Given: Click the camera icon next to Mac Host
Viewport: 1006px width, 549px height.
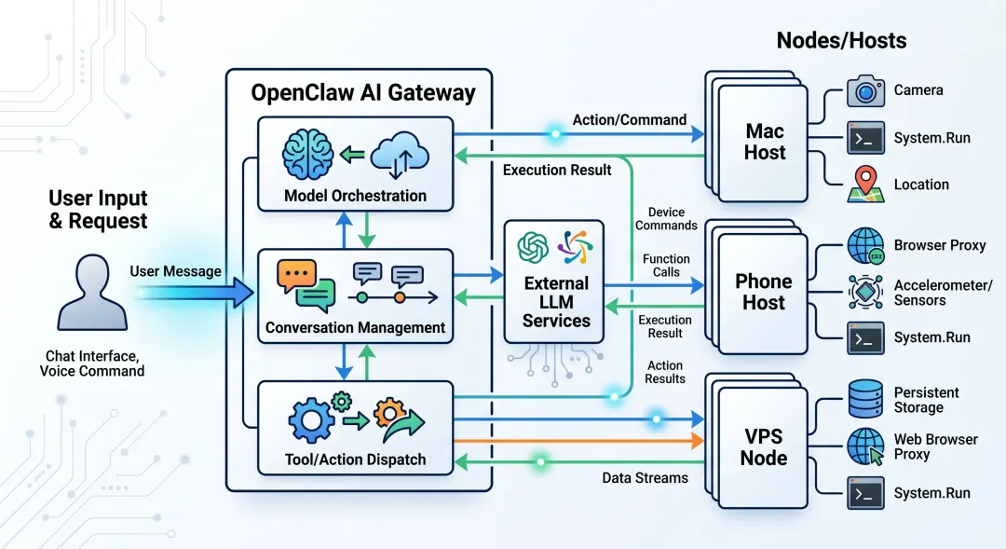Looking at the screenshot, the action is point(865,90).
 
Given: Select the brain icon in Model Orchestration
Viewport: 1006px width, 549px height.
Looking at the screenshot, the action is point(308,154).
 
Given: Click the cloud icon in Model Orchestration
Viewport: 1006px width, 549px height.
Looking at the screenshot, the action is point(400,155).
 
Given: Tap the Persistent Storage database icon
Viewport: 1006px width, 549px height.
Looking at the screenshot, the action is point(865,399).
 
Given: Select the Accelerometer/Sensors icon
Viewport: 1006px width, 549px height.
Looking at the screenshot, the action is point(865,292).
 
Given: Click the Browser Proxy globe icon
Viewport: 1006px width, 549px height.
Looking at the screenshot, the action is point(865,245).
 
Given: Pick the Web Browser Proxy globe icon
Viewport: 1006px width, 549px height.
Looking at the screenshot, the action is point(865,446).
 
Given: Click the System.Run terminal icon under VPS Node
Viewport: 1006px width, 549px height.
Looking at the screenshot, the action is point(865,493).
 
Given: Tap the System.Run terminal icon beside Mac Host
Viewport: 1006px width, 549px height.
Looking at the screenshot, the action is point(865,138).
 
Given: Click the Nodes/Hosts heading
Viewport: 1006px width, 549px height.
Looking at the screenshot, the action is point(841,40).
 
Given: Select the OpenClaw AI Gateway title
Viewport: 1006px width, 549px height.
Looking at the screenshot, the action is point(363,92).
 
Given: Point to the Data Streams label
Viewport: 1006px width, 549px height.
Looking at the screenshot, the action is point(645,478).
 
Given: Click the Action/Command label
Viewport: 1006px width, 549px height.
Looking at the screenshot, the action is point(630,120).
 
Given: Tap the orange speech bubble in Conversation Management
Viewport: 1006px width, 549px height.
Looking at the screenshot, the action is point(296,276).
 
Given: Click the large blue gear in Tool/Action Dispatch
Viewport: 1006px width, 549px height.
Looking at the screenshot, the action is point(311,421).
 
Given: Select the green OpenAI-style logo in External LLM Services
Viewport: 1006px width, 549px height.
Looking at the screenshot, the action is point(533,248).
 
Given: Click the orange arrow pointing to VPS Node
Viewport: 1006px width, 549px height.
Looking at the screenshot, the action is point(578,441).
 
